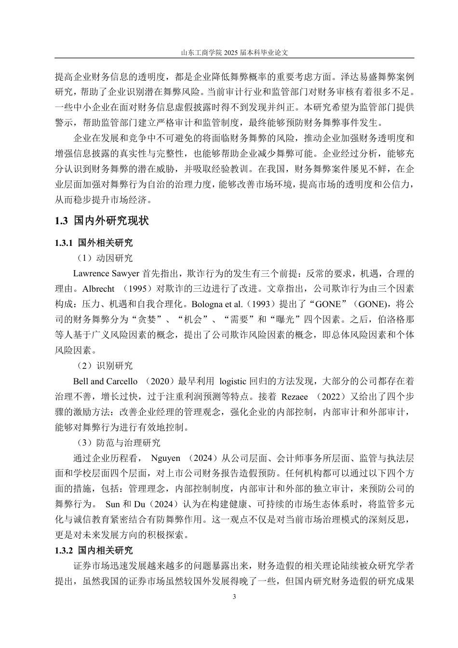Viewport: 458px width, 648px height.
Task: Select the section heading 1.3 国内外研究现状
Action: pos(102,221)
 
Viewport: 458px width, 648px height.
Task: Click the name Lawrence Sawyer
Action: pos(107,274)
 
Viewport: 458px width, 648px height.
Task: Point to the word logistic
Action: pos(233,381)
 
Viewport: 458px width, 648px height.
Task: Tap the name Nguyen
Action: pos(166,458)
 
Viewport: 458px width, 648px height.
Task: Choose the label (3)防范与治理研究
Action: pos(119,443)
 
